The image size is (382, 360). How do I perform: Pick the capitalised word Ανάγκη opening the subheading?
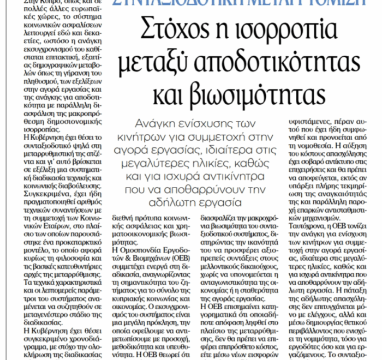point(153,122)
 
